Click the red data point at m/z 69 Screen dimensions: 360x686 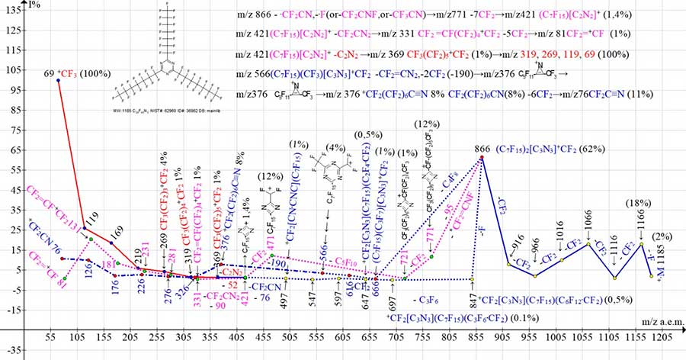pyautogui.click(x=59, y=80)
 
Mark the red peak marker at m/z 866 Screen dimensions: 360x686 pyautogui.click(x=482, y=158)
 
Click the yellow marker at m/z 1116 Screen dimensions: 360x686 pyautogui.click(x=614, y=276)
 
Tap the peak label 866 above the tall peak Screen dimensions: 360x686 pyautogui.click(x=482, y=149)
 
